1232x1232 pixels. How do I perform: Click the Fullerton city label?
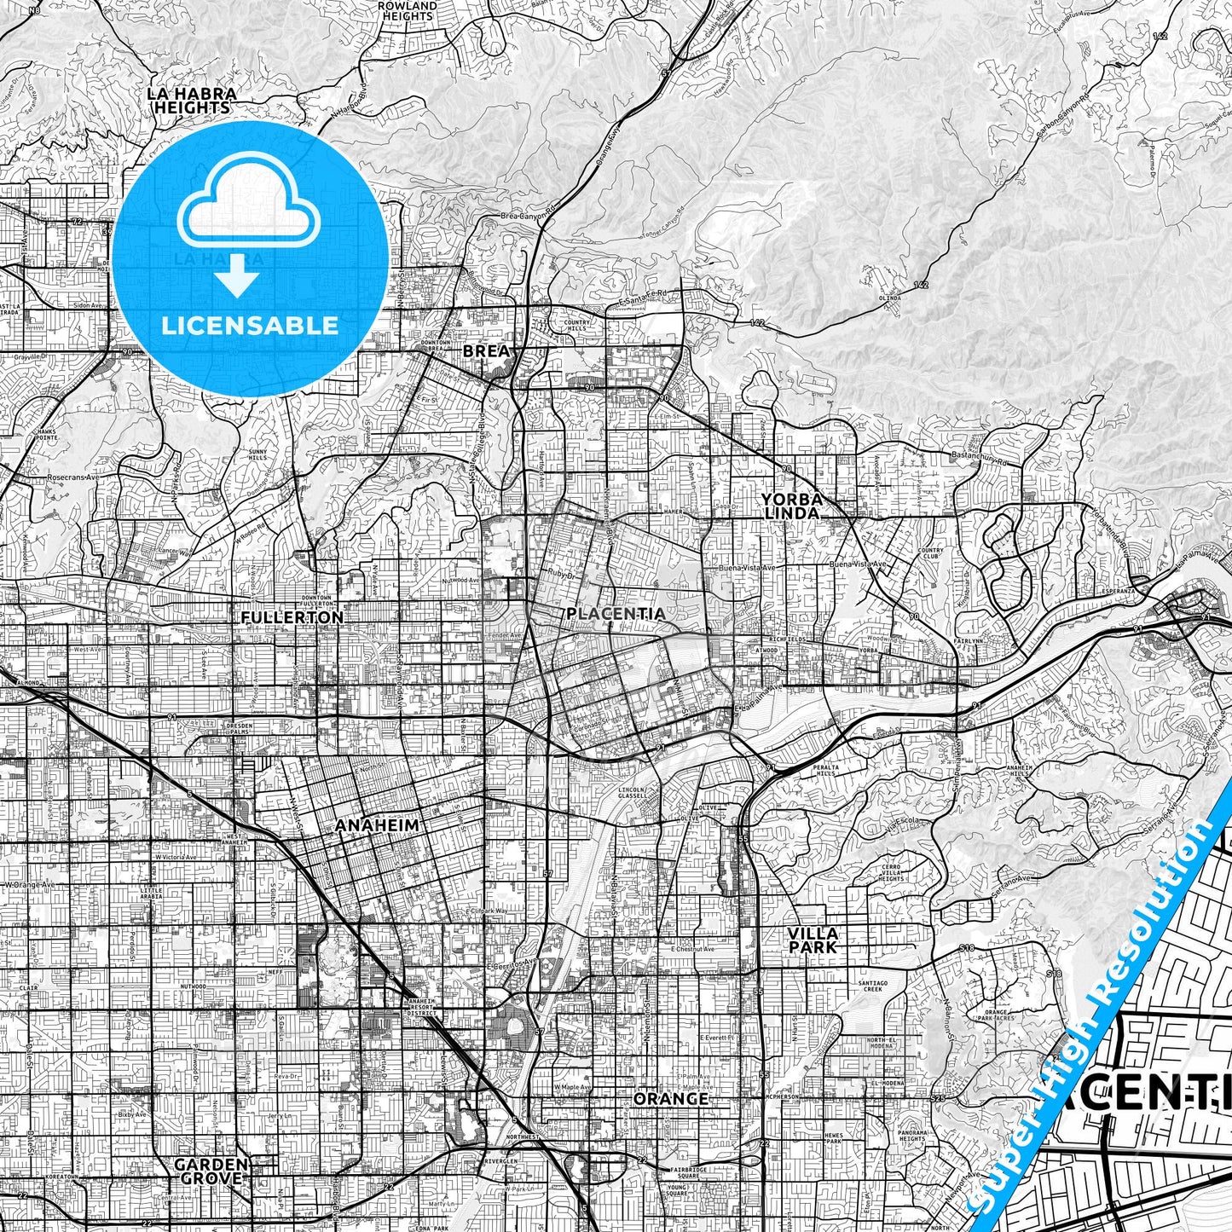[x=292, y=616]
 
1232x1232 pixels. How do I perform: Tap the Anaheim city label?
[x=377, y=825]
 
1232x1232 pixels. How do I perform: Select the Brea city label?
[x=485, y=350]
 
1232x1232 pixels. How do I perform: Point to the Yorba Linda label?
[x=791, y=506]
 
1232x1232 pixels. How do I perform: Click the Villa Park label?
[x=812, y=940]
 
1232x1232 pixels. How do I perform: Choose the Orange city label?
[x=671, y=1098]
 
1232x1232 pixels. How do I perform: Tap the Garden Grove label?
[x=211, y=1171]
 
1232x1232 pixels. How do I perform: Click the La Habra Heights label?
[x=191, y=100]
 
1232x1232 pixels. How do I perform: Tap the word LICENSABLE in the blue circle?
[x=248, y=325]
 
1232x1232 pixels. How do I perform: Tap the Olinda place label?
[x=889, y=298]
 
